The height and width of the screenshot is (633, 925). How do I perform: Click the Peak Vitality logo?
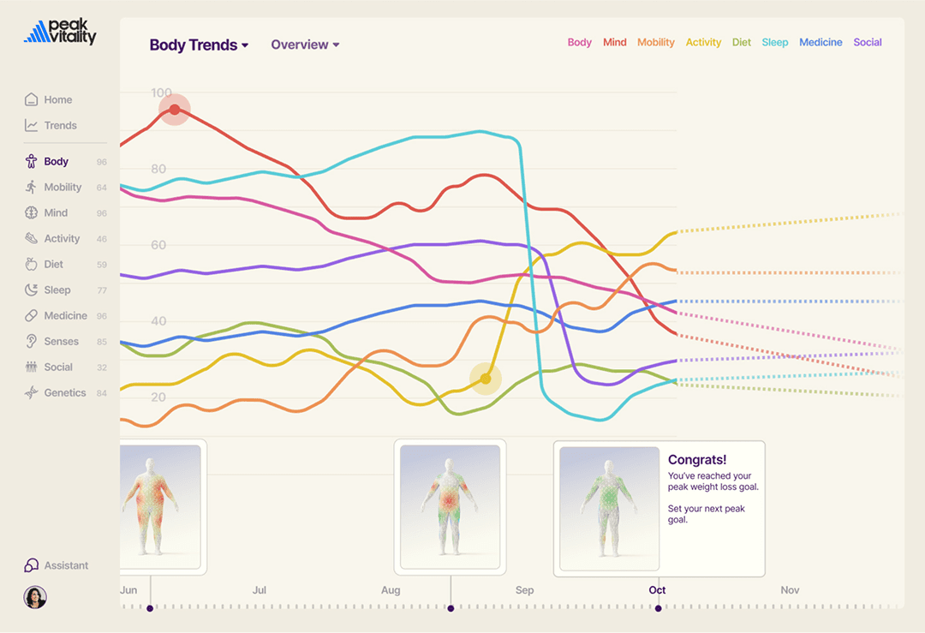pyautogui.click(x=60, y=32)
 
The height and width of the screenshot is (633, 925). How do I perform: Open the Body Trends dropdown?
pyautogui.click(x=199, y=45)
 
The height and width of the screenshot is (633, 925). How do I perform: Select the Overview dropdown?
pyautogui.click(x=305, y=45)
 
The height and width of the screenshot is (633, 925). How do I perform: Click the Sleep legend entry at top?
pyautogui.click(x=774, y=42)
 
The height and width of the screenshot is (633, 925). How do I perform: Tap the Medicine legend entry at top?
pyautogui.click(x=821, y=42)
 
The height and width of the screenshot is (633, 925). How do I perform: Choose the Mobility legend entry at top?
pyautogui.click(x=655, y=42)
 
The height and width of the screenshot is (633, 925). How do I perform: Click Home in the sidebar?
pyautogui.click(x=57, y=99)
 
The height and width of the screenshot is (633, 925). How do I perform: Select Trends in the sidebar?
pyautogui.click(x=60, y=125)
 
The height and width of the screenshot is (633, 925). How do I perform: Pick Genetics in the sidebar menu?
pyautogui.click(x=64, y=392)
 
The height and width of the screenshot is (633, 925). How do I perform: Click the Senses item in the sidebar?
pyautogui.click(x=61, y=341)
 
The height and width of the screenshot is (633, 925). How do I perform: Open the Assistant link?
pyautogui.click(x=65, y=565)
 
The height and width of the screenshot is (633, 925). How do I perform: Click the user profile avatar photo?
pyautogui.click(x=35, y=597)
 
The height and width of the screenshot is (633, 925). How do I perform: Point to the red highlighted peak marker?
pyautogui.click(x=175, y=110)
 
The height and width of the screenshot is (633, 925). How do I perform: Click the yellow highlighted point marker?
pyautogui.click(x=486, y=379)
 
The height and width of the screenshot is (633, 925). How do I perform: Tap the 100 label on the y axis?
pyautogui.click(x=161, y=93)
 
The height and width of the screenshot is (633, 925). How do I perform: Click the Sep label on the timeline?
pyautogui.click(x=524, y=590)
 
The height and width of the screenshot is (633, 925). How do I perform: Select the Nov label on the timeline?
pyautogui.click(x=790, y=590)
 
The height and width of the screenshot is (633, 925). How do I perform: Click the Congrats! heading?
pyautogui.click(x=697, y=460)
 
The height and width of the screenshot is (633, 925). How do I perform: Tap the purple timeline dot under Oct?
pyautogui.click(x=658, y=608)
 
